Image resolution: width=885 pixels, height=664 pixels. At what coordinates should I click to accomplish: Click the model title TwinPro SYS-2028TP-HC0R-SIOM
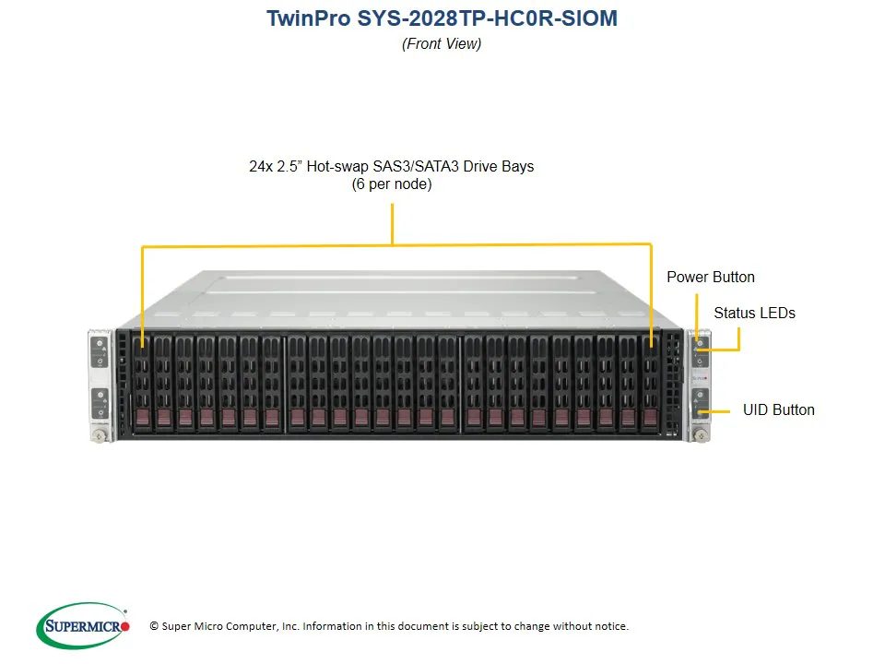point(442,18)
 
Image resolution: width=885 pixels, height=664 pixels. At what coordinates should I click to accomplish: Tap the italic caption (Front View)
point(442,43)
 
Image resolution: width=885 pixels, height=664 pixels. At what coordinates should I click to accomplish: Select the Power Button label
point(710,277)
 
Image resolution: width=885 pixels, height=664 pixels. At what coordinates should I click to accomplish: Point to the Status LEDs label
point(754,313)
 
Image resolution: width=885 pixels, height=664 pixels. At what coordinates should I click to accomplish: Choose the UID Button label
point(778,409)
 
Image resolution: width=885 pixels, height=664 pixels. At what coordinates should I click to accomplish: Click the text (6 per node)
point(391,184)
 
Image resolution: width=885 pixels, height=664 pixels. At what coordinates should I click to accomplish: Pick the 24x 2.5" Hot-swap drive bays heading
point(391,167)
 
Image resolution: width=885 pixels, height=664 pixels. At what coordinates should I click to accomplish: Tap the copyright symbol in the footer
point(154,626)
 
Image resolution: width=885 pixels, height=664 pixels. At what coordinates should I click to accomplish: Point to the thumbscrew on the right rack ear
point(701,434)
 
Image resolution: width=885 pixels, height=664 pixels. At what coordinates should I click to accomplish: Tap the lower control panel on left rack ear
point(100,402)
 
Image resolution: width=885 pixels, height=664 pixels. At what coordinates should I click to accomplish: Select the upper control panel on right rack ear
point(700,351)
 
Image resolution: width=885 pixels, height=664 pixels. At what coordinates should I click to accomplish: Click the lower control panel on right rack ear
point(700,402)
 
